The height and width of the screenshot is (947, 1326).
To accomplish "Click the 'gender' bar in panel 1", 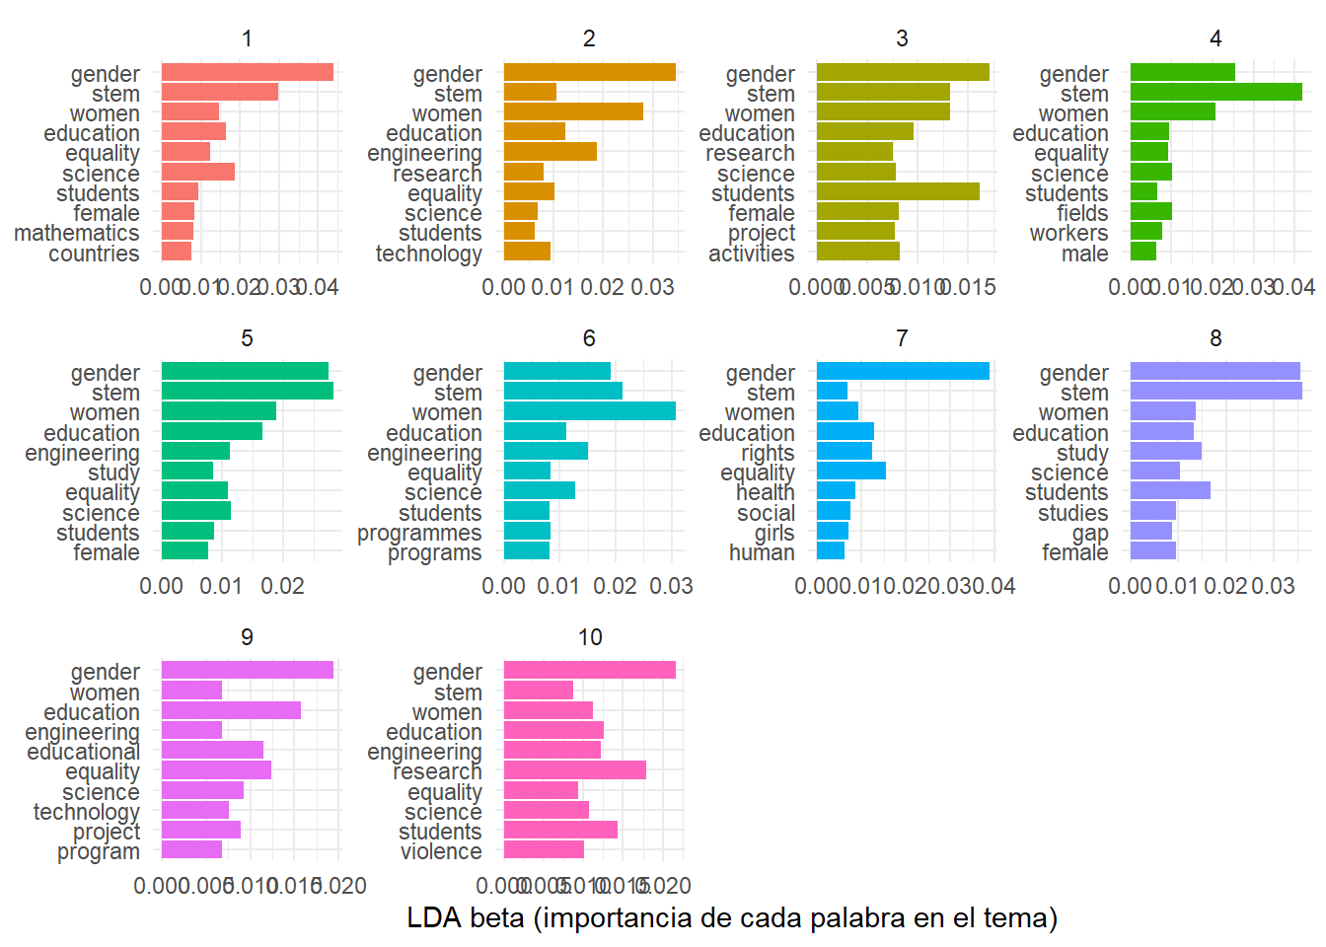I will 247,72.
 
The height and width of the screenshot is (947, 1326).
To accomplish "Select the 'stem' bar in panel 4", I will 1215,93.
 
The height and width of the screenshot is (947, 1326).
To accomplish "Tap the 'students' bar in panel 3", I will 898,191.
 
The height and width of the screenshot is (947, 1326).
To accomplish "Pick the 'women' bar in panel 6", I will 589,411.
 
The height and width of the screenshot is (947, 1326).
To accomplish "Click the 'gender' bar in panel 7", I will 903,371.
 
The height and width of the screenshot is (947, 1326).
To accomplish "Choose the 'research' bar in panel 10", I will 574,770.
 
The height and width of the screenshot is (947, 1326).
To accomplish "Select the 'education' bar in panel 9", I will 231,710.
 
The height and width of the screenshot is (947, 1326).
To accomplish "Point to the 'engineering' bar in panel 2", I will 550,152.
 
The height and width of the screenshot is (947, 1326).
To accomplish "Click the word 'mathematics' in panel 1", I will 77,233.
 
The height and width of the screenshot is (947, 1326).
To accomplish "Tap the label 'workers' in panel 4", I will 1068,233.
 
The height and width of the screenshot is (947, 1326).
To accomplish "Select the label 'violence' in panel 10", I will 441,851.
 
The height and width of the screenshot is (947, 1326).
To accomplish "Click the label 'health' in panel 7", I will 765,492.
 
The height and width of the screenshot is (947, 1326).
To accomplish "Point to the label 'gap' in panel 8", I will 1090,533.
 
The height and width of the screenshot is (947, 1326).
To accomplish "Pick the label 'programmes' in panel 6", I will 419,533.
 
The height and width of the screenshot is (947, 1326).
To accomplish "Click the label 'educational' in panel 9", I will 83,752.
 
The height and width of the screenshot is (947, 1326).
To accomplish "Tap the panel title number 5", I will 247,338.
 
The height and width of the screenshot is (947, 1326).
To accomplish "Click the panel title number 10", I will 589,637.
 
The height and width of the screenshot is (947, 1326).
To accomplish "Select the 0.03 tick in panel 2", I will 652,287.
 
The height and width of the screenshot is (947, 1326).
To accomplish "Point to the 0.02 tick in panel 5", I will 282,586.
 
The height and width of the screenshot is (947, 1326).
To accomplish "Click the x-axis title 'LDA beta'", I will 732,918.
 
